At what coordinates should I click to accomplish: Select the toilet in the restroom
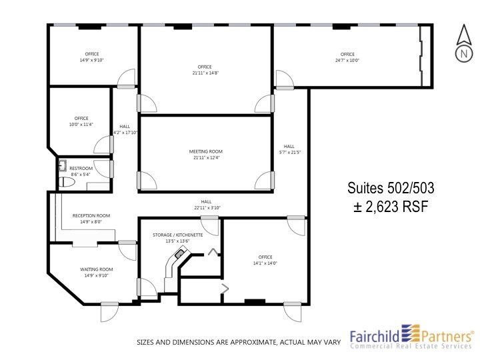(x=66, y=181)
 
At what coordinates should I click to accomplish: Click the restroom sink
(x=63, y=165)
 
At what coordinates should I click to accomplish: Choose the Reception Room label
(x=91, y=215)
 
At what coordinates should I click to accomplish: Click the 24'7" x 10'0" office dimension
(x=347, y=60)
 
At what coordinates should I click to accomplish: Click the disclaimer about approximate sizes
(x=239, y=342)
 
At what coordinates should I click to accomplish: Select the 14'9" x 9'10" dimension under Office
(x=91, y=60)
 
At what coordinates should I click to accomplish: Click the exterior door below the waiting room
(x=110, y=310)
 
